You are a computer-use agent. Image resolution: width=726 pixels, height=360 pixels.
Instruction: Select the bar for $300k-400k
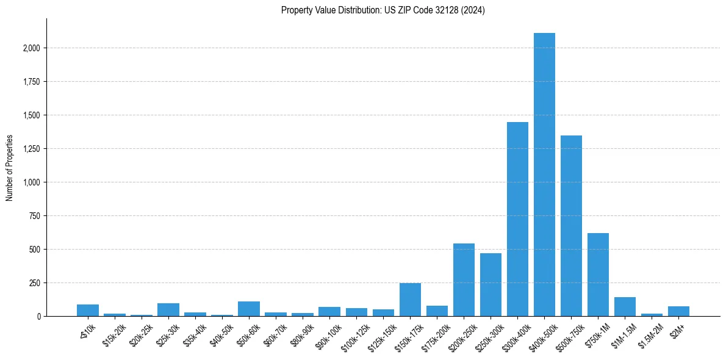[517, 219]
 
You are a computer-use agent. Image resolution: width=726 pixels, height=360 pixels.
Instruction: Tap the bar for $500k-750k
[571, 226]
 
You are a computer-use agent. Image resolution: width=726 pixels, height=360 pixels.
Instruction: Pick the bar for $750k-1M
[598, 275]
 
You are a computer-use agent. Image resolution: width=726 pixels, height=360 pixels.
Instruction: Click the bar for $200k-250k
[464, 280]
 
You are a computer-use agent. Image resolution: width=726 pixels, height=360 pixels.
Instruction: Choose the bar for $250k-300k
[491, 285]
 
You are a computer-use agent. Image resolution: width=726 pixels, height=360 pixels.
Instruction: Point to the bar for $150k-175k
[410, 300]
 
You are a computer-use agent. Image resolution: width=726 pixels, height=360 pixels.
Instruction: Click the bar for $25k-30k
[168, 310]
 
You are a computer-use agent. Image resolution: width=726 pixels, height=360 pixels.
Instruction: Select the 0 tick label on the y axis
[38, 317]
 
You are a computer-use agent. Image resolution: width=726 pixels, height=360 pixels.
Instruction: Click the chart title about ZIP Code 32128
[383, 10]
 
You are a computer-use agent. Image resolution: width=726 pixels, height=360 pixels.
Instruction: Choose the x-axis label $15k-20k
[114, 335]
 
